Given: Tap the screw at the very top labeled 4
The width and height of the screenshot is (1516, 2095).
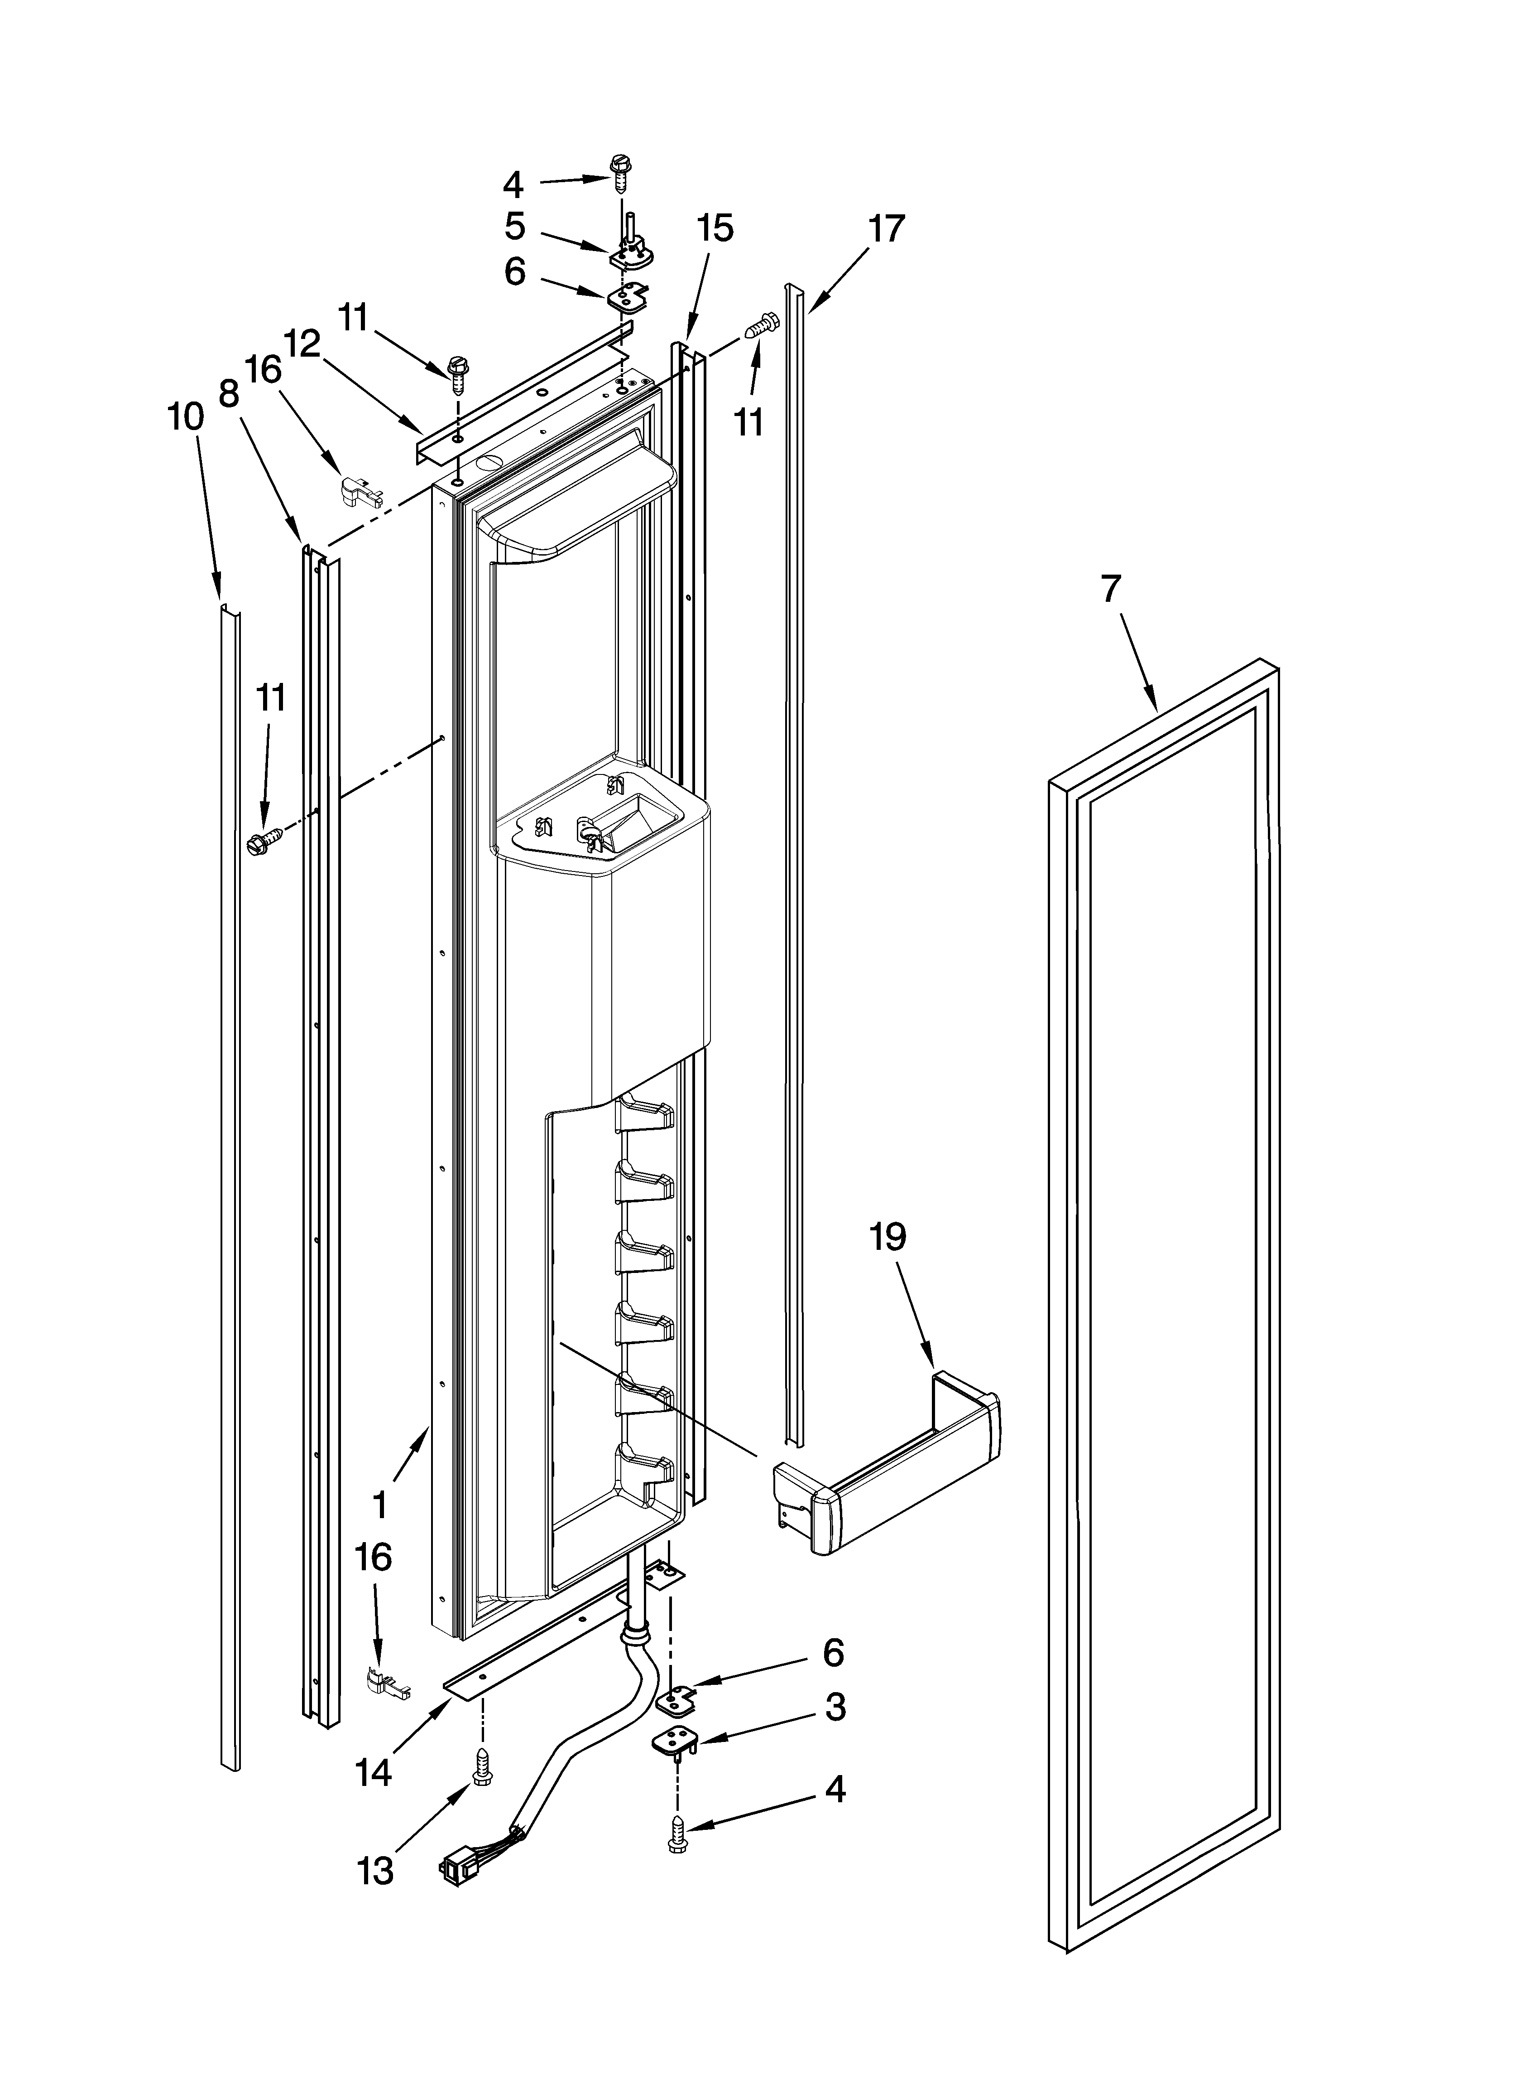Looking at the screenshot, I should (618, 173).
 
